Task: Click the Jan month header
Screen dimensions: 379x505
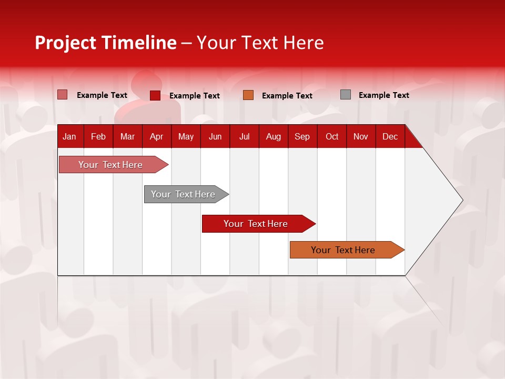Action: (69, 136)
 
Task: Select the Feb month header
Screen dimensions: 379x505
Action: (98, 136)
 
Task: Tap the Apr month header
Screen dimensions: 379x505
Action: (156, 136)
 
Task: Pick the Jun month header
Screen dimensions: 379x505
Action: (215, 136)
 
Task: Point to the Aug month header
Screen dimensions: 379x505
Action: (273, 136)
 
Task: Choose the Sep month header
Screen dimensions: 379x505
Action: (302, 136)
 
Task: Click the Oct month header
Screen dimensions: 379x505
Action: (332, 136)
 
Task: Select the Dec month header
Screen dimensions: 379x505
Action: (390, 136)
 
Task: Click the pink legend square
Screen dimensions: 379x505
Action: (63, 95)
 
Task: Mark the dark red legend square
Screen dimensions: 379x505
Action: (155, 95)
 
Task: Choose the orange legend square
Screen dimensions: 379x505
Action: (248, 95)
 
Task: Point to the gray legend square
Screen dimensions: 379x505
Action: (346, 95)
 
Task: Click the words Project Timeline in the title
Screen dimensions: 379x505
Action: (106, 43)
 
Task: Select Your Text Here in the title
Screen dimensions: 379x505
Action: (260, 43)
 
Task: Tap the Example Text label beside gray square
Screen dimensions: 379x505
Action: (383, 95)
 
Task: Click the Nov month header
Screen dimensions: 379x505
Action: (361, 136)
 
